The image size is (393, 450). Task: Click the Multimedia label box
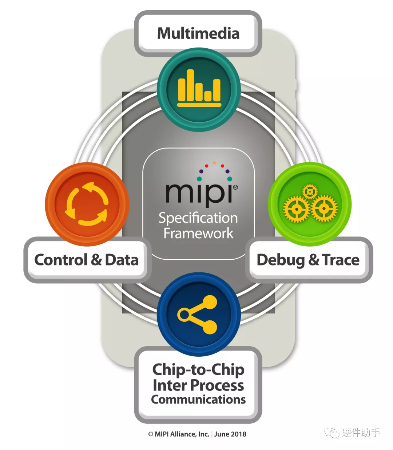click(198, 33)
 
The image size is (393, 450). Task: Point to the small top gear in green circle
click(310, 191)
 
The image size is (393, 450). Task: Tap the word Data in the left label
click(122, 260)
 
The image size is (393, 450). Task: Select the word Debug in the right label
click(281, 260)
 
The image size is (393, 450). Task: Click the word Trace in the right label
click(341, 260)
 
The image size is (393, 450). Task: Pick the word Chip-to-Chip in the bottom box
click(198, 369)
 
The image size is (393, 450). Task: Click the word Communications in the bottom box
click(198, 400)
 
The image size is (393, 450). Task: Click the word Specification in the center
click(198, 218)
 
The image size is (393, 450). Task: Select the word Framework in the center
click(198, 233)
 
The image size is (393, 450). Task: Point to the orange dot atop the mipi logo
click(214, 163)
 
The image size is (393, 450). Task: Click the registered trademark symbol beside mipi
click(235, 187)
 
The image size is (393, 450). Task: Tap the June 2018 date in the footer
click(230, 434)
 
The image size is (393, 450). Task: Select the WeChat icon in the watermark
click(332, 433)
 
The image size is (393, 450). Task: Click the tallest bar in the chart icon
click(190, 85)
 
